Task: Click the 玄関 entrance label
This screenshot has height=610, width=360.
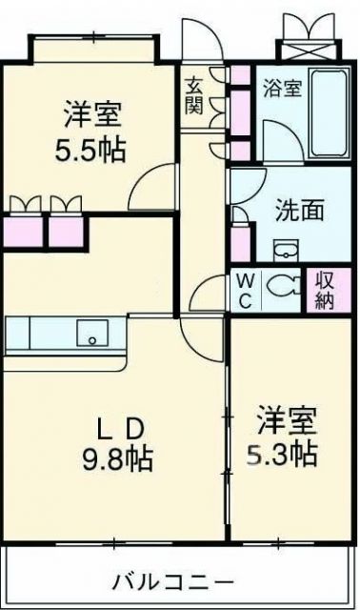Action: tap(193, 94)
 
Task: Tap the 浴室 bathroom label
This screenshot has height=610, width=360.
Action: tap(283, 88)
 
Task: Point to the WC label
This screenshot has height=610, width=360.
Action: tap(245, 292)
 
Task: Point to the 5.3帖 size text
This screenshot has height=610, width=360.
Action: tap(285, 454)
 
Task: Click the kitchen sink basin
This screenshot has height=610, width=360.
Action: tap(93, 335)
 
